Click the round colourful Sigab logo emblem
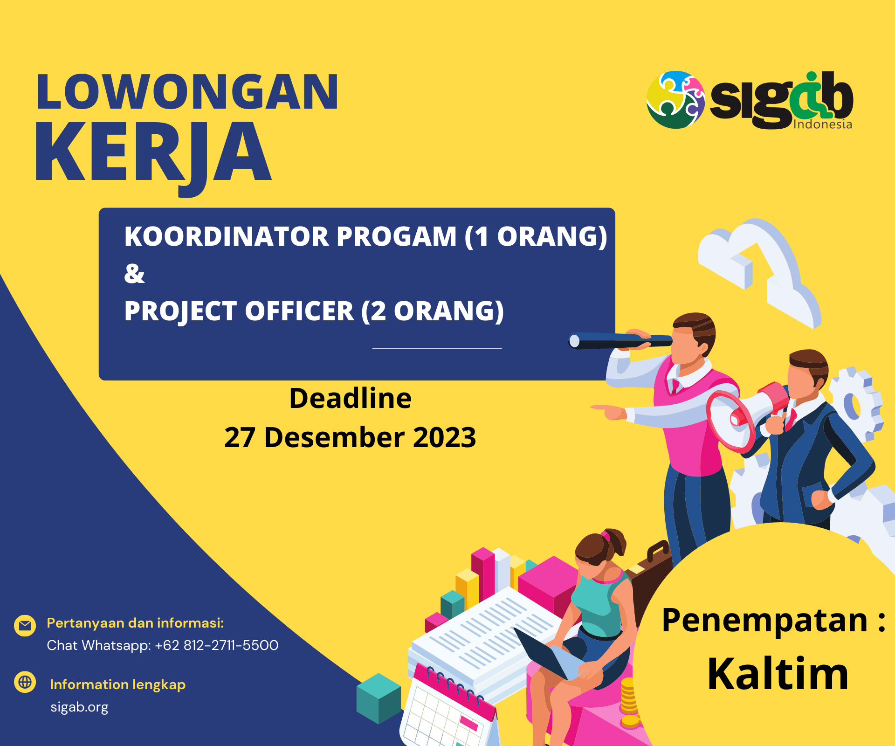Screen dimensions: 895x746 [676, 99]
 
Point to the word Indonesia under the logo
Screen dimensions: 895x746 [823, 124]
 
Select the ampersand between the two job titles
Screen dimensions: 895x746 [134, 274]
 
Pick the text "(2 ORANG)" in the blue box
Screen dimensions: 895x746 [433, 311]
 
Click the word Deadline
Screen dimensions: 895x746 [351, 398]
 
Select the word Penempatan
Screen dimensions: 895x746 [764, 621]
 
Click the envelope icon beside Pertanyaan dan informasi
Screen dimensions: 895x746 [25, 625]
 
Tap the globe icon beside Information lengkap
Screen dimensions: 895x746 [25, 682]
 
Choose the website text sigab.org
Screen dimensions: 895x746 [79, 707]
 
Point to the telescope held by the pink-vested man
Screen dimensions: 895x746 [620, 341]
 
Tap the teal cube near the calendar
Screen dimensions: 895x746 [379, 698]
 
